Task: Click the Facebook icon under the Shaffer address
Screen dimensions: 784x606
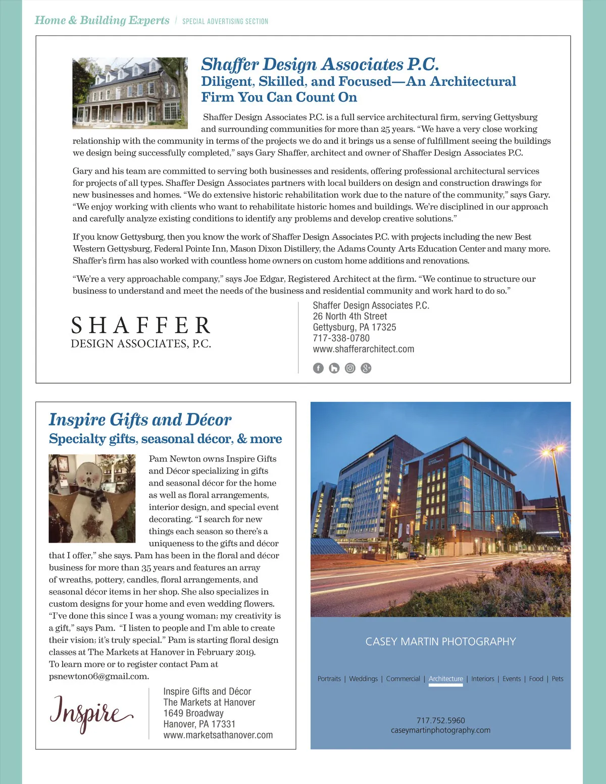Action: (318, 368)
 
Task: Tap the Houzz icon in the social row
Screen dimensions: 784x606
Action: (334, 368)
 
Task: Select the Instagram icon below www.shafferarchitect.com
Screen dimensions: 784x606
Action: (350, 368)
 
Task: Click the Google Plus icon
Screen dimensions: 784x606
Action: (366, 368)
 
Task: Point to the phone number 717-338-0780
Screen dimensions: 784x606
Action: (341, 338)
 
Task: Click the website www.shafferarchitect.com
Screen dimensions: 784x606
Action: (363, 349)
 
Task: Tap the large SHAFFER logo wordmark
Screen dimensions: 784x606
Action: (141, 326)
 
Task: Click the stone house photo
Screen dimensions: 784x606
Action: (130, 93)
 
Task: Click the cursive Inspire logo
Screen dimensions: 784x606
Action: (91, 712)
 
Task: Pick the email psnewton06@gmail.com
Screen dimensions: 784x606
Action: (99, 676)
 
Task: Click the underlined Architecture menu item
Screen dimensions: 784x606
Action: (445, 679)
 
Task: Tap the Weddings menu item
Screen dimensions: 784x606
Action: (363, 679)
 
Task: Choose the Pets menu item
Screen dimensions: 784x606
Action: (558, 679)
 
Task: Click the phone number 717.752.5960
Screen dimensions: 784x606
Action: (440, 720)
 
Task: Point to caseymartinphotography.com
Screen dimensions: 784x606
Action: (440, 730)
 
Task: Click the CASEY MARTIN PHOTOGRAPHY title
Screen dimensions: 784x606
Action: (440, 642)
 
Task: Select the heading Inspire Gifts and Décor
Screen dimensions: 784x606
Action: (140, 420)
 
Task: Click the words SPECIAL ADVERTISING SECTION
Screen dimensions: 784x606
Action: (225, 21)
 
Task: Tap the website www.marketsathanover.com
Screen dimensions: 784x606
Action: (218, 735)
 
